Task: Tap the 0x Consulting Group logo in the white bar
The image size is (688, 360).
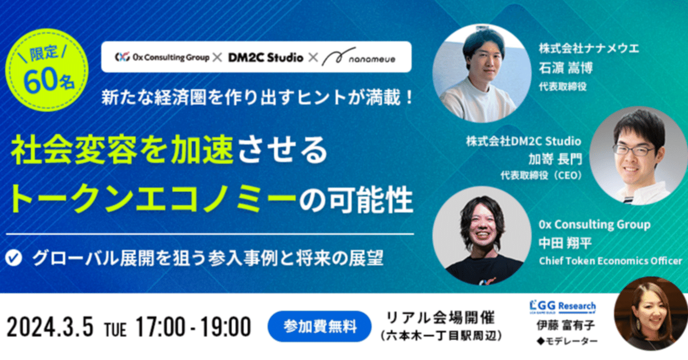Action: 162,57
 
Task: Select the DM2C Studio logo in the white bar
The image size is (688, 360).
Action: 266,57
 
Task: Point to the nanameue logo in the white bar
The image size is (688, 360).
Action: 359,57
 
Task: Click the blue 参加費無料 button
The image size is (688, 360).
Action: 319,326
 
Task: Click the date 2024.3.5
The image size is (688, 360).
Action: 51,326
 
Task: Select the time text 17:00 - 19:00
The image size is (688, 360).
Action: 194,326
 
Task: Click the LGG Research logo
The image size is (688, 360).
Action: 562,305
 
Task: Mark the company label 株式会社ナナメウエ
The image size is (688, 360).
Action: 589,49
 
